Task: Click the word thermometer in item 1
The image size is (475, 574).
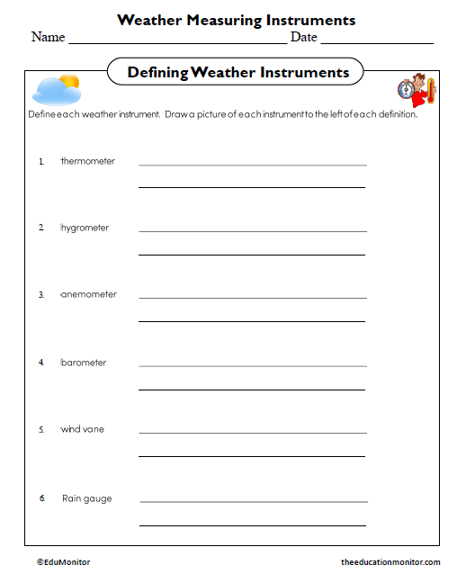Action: click(88, 161)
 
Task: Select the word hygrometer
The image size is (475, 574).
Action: click(85, 228)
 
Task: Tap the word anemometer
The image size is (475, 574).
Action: click(88, 294)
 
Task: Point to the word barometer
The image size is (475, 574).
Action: click(84, 363)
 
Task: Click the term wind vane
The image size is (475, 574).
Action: click(82, 429)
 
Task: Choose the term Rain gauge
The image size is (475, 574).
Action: click(87, 498)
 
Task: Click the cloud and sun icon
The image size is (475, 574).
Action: click(56, 88)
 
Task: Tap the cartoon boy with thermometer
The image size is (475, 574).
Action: click(417, 91)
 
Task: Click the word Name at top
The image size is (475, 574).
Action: click(48, 37)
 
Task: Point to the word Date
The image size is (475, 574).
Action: click(303, 37)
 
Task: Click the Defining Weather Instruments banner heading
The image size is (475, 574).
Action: click(237, 72)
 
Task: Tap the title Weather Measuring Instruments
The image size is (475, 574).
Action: click(237, 20)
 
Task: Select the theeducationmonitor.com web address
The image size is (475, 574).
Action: click(390, 561)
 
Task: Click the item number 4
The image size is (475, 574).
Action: click(40, 362)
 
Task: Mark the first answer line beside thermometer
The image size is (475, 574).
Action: click(253, 165)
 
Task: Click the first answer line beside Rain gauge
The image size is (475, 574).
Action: click(254, 501)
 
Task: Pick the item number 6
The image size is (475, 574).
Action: click(41, 498)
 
